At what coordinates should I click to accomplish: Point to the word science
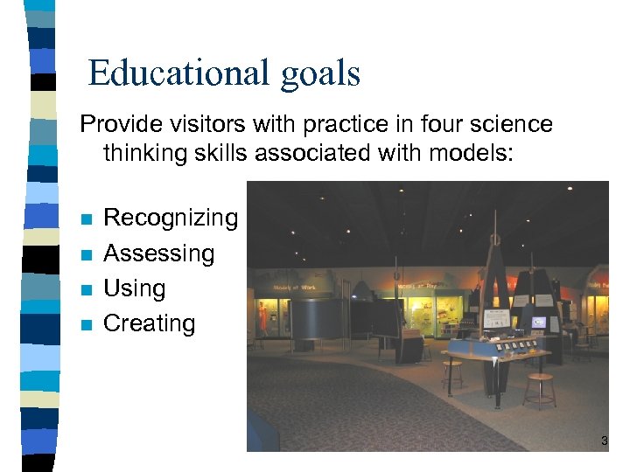point(512,124)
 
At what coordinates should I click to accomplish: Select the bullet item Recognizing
point(171,218)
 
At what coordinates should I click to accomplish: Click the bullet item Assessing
point(158,253)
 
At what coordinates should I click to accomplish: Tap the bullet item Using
point(134,288)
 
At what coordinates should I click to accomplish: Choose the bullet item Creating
point(149,323)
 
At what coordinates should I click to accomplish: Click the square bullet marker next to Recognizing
point(85,219)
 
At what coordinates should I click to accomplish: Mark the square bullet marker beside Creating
point(85,325)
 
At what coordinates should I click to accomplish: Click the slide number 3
point(604,441)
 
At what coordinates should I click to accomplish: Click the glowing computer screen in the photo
point(539,323)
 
